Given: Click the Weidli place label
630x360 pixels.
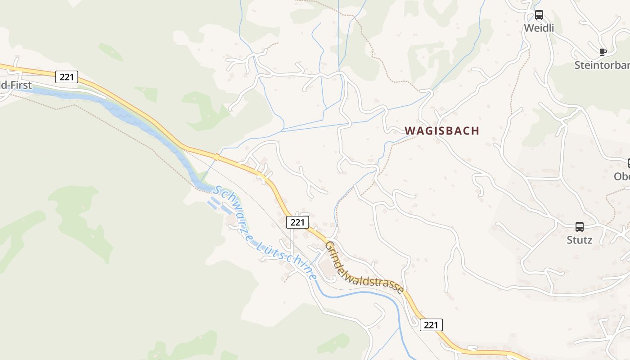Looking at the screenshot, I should pos(539,28).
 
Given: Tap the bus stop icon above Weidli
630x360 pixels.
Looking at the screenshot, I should pos(539,15).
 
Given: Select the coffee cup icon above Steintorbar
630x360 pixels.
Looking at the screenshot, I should pos(603,52).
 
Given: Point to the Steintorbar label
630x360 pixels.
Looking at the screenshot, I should pos(602,65).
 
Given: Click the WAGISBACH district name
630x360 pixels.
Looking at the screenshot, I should pos(442,131).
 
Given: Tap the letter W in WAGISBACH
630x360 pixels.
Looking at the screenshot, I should pos(409,131).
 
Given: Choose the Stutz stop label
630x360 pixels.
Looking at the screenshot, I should pos(579,240).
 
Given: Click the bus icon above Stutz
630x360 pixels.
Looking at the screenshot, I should pos(579,227).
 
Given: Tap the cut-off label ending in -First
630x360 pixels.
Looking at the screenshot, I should pos(16,85).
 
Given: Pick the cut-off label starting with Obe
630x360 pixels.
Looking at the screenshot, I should pos(622,176).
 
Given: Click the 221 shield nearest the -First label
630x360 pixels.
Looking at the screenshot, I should pos(67,77).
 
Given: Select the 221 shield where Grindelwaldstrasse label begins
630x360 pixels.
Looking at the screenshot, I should pos(297,222).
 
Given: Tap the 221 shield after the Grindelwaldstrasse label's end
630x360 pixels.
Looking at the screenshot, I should pos(431,325).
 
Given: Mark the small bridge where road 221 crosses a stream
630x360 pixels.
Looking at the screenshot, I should pos(216,157).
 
